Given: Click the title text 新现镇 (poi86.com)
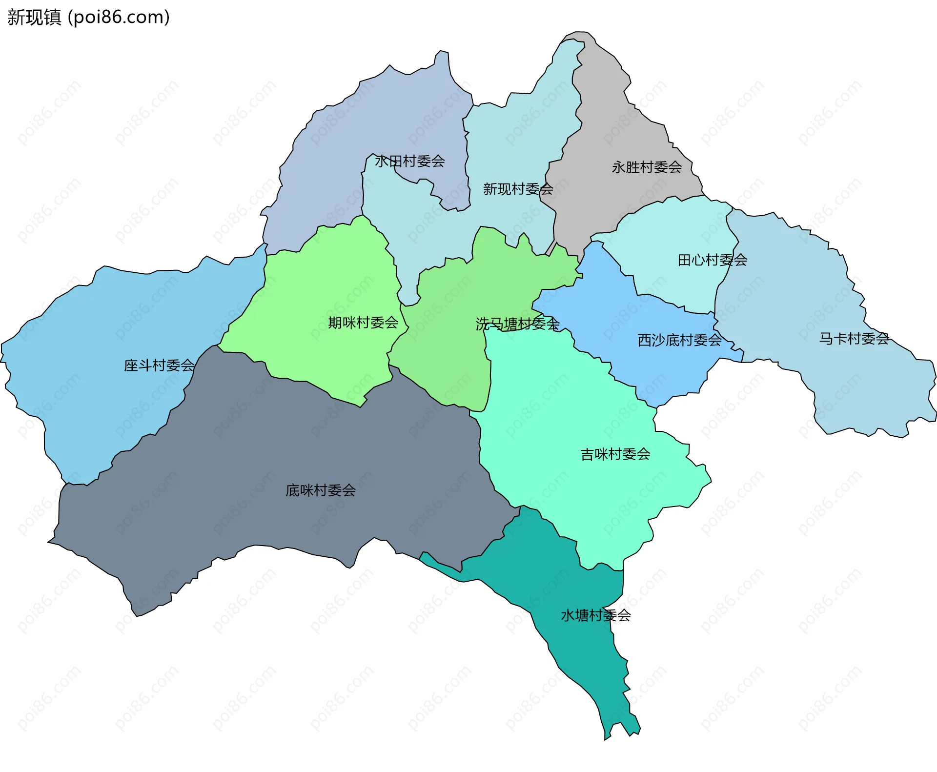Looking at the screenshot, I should point(88,17).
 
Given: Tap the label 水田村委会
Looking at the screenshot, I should point(409,161).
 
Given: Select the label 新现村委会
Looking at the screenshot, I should point(518,189).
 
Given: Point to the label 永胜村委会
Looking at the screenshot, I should point(647,167).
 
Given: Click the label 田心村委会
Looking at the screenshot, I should point(712,260).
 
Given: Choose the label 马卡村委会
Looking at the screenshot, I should point(854,338).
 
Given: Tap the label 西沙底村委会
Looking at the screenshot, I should point(679,340).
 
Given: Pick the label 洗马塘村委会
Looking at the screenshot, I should point(517,324).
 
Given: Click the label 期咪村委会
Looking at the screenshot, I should point(363,323).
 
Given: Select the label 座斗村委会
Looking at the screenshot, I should point(159,365).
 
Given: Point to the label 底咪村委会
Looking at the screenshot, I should point(321,490).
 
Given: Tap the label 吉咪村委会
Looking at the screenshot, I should point(615,454).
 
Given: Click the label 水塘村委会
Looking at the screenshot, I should point(595,615).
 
